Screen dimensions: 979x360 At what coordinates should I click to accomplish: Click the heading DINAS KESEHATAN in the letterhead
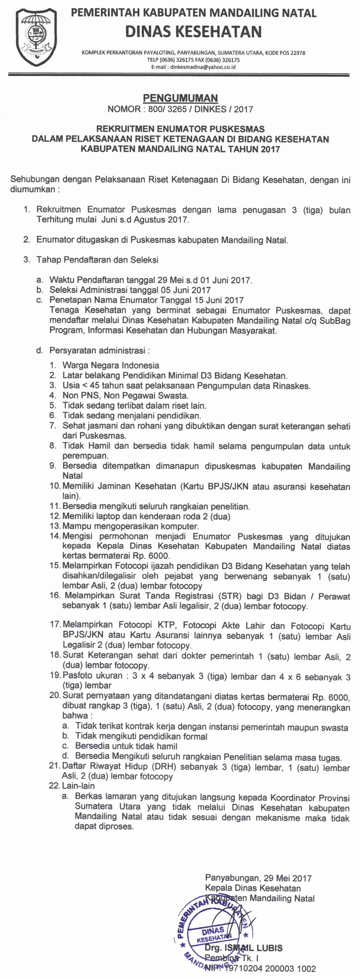click(193, 31)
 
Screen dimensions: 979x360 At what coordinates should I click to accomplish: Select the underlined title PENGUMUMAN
click(180, 98)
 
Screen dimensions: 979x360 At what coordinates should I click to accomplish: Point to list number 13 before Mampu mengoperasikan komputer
click(55, 526)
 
